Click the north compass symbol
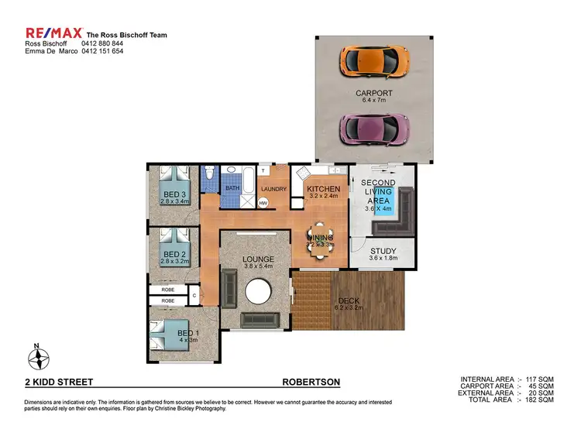tap(37, 358)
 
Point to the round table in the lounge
tap(257, 293)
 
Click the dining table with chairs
tap(319, 237)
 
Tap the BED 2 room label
tap(174, 254)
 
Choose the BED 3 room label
tap(174, 194)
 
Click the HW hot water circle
tap(263, 203)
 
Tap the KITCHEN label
tap(323, 189)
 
